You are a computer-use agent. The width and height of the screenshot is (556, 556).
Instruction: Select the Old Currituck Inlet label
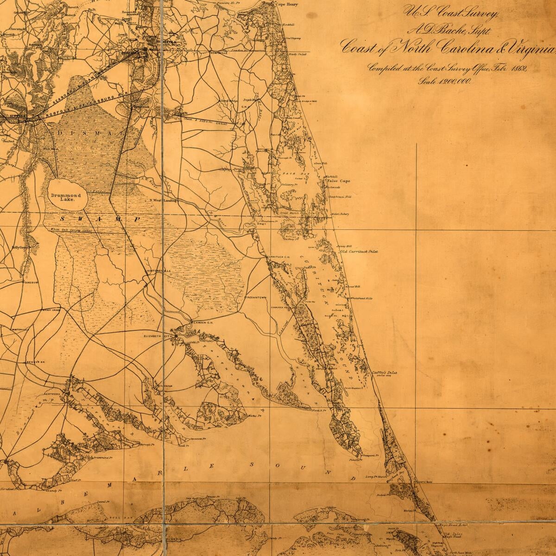click(x=359, y=252)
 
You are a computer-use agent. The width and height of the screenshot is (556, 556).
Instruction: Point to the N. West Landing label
click(x=163, y=201)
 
